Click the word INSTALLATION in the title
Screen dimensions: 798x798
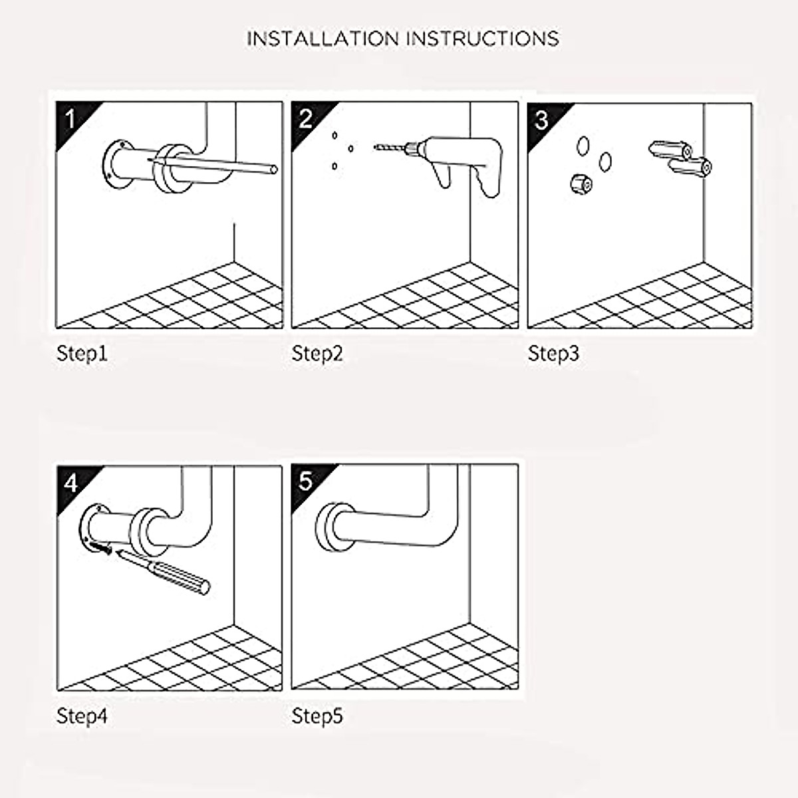pos(323,39)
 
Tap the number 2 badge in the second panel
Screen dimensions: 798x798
pos(306,120)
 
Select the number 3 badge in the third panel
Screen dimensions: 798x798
pos(542,120)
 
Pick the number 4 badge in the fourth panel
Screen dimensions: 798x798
pos(70,482)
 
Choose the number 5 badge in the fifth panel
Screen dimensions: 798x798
pos(306,481)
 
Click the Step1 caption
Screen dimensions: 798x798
pos(82,354)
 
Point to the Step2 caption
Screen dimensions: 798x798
pos(317,354)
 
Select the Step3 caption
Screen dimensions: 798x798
pos(553,354)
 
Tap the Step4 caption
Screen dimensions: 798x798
pos(82,716)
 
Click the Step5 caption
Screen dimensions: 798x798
pos(317,716)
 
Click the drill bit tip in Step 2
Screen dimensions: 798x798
pos(377,148)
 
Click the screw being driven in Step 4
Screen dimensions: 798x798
pos(100,547)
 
